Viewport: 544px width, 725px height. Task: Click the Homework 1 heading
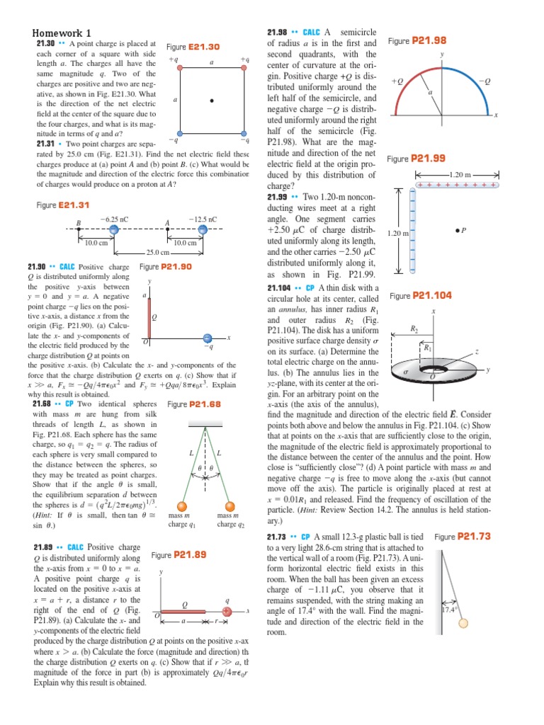[x=62, y=33]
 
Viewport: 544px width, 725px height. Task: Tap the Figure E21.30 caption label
[x=193, y=47]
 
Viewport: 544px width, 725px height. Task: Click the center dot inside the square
[x=211, y=101]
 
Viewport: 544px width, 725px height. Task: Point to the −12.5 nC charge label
[x=203, y=220]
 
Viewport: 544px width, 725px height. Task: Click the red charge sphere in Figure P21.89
[x=227, y=611]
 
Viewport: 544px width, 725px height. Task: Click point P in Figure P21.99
[x=461, y=230]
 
